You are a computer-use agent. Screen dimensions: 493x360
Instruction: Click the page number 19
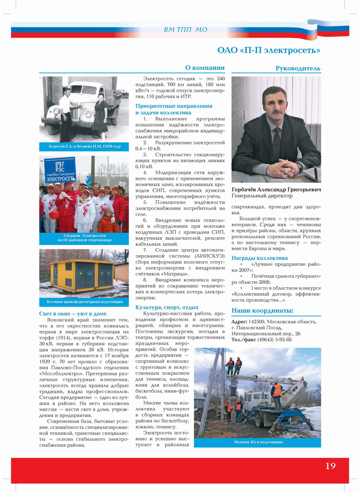[330, 466]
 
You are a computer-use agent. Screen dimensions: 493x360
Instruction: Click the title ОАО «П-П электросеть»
[269, 50]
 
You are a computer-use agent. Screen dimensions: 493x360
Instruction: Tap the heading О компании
[205, 68]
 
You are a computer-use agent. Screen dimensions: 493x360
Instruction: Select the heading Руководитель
[298, 68]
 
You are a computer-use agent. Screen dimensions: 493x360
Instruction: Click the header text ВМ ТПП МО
[186, 30]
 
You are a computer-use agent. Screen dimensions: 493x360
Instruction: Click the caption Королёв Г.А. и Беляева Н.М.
[84, 147]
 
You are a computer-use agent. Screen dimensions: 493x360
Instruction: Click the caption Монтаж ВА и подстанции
[258, 442]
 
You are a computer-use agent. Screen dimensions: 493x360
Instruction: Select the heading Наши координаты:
[262, 311]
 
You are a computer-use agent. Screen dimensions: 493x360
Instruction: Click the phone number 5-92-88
[281, 339]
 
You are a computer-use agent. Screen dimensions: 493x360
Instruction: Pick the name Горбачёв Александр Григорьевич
[276, 190]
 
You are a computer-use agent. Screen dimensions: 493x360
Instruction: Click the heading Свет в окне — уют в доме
[73, 313]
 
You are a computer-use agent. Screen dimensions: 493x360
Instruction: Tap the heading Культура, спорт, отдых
[167, 307]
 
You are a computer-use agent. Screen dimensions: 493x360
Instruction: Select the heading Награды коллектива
[260, 258]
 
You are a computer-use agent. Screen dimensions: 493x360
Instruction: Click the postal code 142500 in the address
[257, 321]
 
